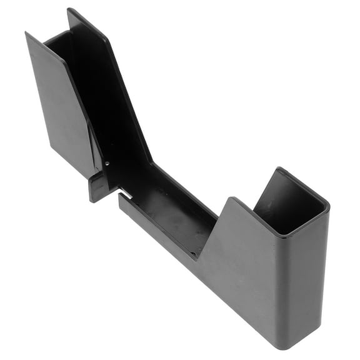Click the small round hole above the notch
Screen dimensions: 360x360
click(x=106, y=164)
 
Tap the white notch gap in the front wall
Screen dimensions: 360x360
click(x=124, y=195)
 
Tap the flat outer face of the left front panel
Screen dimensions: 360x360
click(x=59, y=106)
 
